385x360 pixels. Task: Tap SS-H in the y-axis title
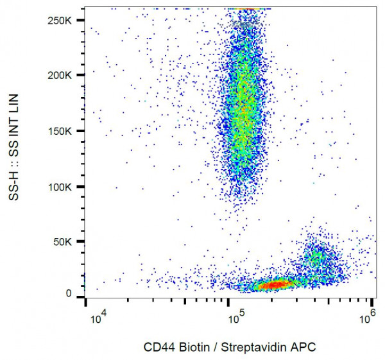(15, 185)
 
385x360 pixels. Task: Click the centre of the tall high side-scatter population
(241, 109)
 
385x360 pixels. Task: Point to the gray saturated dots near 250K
(244, 22)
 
